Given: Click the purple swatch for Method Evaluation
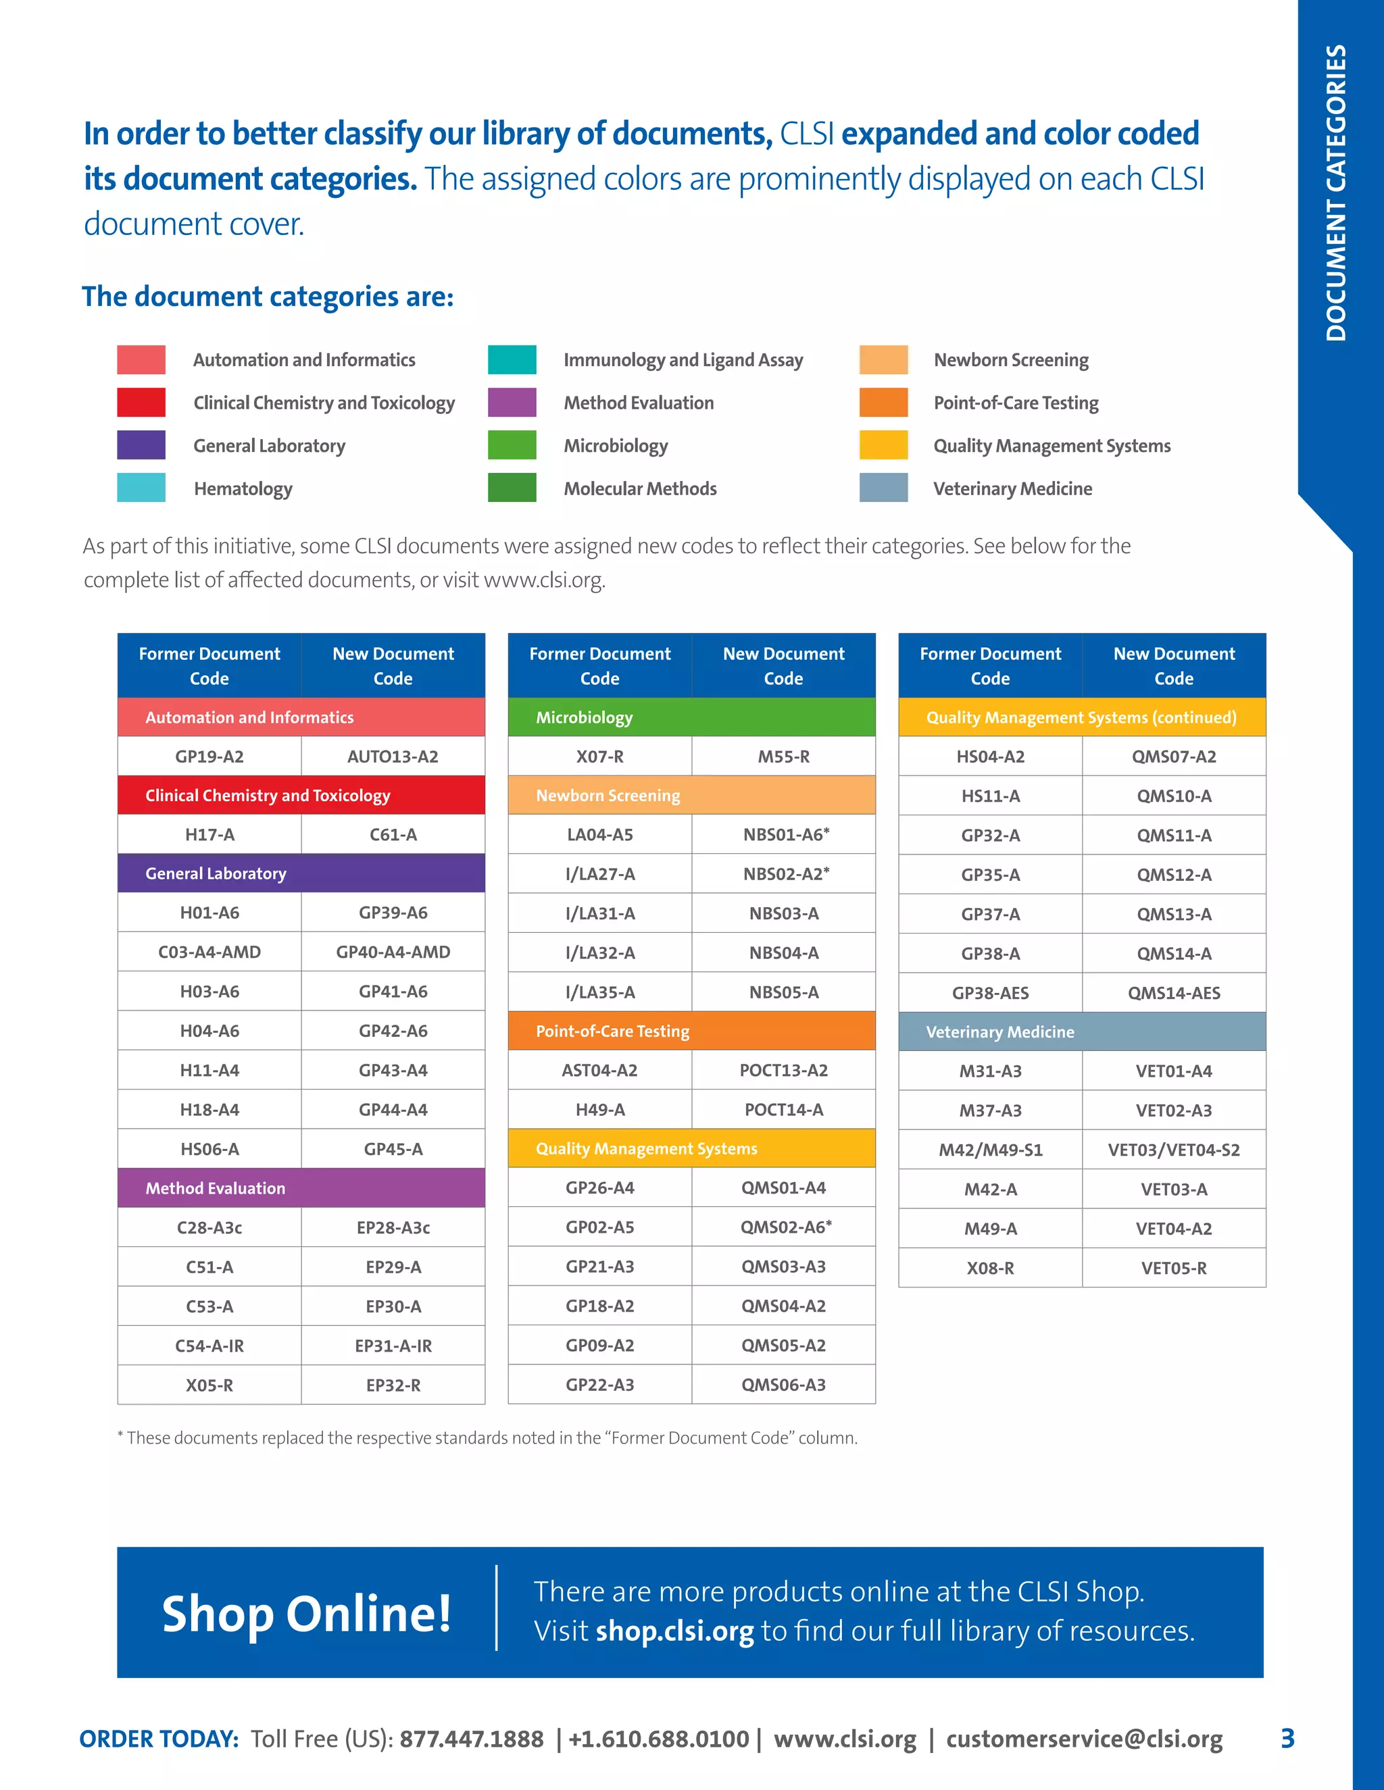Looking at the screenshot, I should [x=512, y=403].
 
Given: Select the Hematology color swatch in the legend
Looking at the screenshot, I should [x=141, y=488].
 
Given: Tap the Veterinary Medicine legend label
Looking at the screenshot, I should [x=1012, y=488].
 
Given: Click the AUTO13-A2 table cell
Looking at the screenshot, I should [x=393, y=757].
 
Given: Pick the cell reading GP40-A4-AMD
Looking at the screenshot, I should [x=393, y=952].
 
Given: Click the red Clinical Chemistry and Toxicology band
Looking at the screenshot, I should [x=301, y=795].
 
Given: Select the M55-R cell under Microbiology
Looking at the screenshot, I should [x=783, y=757].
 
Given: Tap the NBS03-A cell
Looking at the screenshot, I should [x=783, y=913].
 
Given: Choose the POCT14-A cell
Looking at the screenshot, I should [x=783, y=1110].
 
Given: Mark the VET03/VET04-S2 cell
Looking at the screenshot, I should [x=1173, y=1150].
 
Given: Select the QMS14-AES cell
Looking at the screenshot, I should [x=1173, y=992].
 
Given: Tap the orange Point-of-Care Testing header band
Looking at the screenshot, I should [x=691, y=1031].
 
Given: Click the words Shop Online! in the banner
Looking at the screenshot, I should [x=307, y=1613].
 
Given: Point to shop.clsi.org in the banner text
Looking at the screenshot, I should [x=674, y=1631].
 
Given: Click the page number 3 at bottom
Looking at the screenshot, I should [x=1287, y=1739].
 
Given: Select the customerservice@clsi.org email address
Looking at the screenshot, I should [x=1084, y=1739].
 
